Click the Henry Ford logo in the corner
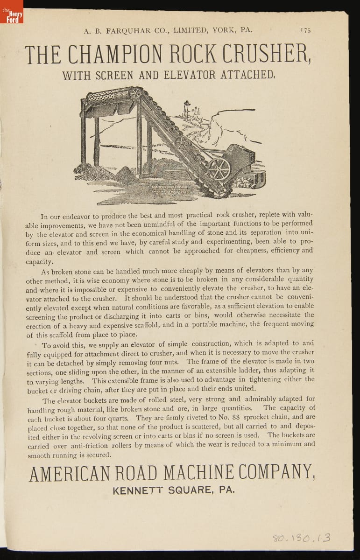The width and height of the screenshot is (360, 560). tap(11, 12)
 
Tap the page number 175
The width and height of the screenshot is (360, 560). tap(306, 30)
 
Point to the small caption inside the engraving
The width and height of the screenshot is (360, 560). tap(169, 189)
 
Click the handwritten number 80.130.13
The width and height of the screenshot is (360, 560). tap(302, 538)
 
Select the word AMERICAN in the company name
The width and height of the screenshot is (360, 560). tap(68, 473)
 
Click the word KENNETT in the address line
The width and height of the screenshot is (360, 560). tap(134, 490)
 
